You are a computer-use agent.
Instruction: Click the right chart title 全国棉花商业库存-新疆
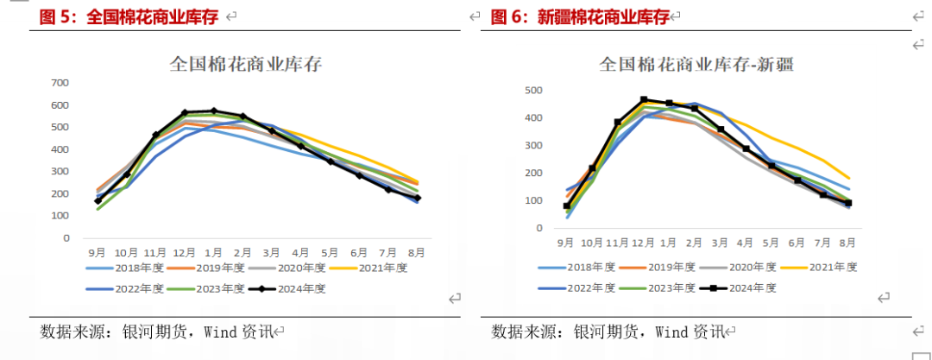[696, 64]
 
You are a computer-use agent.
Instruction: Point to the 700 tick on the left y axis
[60, 83]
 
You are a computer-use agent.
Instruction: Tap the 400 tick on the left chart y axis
[60, 149]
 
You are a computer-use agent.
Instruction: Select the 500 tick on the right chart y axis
[533, 91]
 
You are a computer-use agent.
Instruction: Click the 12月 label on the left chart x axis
[184, 253]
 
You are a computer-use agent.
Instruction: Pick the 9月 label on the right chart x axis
[565, 243]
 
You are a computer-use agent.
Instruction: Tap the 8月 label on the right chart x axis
[848, 243]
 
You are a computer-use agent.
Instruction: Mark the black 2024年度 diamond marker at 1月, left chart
[213, 111]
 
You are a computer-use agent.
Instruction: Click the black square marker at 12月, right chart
[643, 100]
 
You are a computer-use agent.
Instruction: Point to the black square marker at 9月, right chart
[567, 205]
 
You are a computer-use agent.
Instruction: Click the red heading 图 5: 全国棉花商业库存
[129, 16]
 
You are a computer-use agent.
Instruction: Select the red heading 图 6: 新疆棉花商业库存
[580, 16]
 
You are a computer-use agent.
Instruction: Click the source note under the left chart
[156, 332]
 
